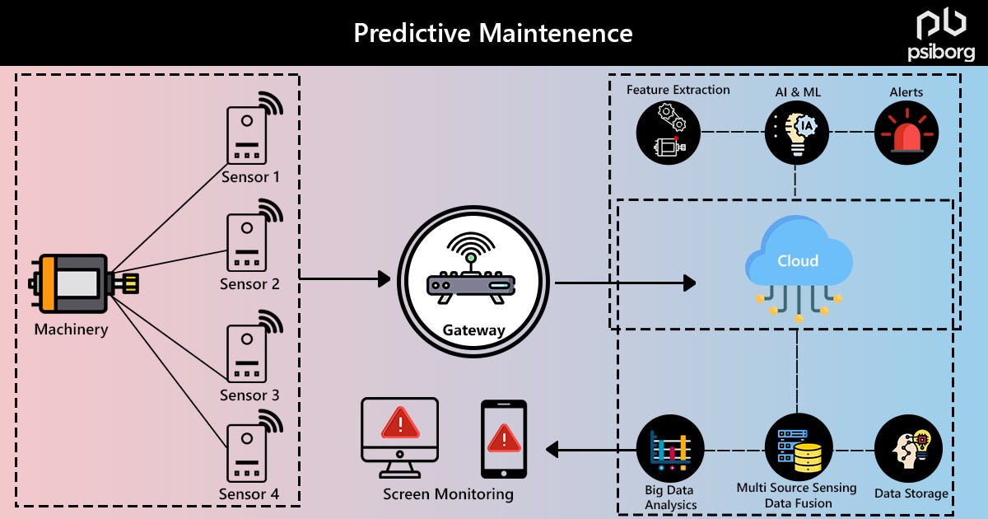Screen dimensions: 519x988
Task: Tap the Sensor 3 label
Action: [249, 395]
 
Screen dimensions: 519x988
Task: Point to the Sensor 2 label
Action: [249, 284]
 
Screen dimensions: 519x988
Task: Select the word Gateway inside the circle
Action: [473, 330]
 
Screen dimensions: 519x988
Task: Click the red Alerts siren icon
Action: [906, 132]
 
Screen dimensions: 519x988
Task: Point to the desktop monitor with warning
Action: [400, 437]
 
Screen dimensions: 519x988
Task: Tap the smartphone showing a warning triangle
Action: [504, 438]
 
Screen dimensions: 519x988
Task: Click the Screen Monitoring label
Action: [448, 494]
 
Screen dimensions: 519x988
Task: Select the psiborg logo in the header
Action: [941, 35]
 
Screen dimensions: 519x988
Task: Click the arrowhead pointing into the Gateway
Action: [383, 279]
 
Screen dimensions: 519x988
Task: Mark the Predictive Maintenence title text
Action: [493, 33]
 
